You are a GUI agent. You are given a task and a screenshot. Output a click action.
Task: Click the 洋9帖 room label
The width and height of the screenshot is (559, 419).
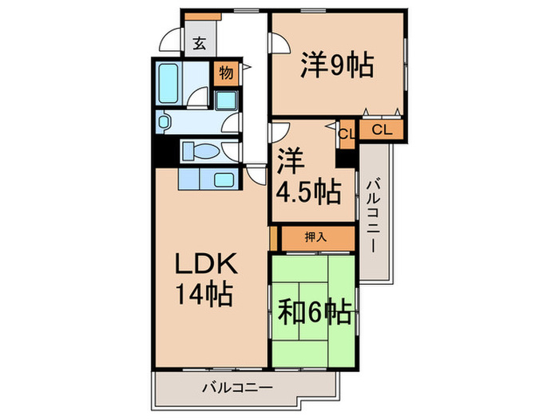pyautogui.click(x=337, y=65)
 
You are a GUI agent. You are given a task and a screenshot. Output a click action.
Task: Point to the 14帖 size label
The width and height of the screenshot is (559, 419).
pyautogui.click(x=204, y=296)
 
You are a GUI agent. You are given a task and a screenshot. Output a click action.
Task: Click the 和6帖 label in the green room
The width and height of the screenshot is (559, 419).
pyautogui.click(x=315, y=312)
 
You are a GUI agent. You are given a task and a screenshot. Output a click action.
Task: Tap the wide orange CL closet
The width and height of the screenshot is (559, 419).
pyautogui.click(x=382, y=129)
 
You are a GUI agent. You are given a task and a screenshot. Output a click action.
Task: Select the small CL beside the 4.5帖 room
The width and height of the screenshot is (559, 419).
pyautogui.click(x=347, y=134)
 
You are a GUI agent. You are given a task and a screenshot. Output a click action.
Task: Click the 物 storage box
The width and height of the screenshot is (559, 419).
pyautogui.click(x=226, y=73)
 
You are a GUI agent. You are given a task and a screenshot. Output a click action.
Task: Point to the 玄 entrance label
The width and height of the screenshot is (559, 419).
pyautogui.click(x=198, y=45)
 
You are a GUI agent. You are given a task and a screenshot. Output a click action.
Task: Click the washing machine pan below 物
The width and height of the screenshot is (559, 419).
pyautogui.click(x=227, y=101)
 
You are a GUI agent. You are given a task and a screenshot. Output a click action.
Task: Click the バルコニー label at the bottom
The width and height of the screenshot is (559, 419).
pyautogui.click(x=236, y=386)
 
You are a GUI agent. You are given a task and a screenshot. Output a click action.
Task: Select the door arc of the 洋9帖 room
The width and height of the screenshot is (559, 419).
pyautogui.click(x=279, y=46)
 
